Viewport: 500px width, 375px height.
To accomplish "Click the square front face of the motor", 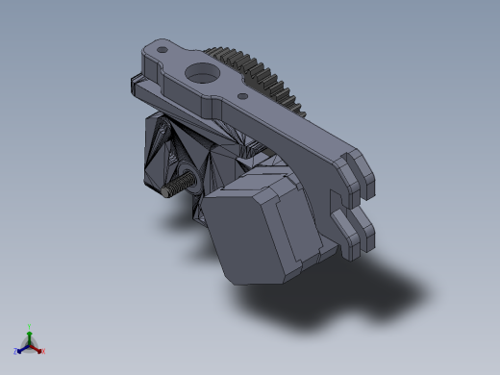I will click(x=247, y=234).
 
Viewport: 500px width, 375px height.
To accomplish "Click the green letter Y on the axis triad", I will click(x=29, y=327).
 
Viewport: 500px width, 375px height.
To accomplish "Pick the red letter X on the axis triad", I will click(x=42, y=351).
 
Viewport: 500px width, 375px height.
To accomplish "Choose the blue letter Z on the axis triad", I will click(x=15, y=351).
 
